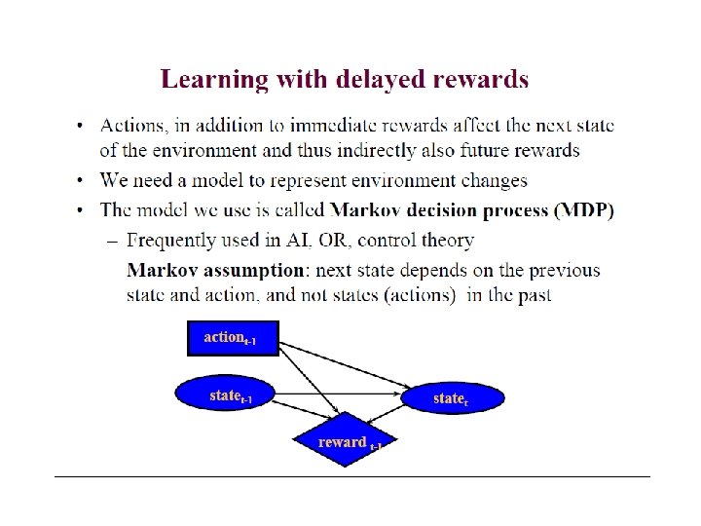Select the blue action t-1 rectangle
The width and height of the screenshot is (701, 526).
tap(232, 338)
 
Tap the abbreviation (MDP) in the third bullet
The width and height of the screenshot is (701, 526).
tap(585, 210)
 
